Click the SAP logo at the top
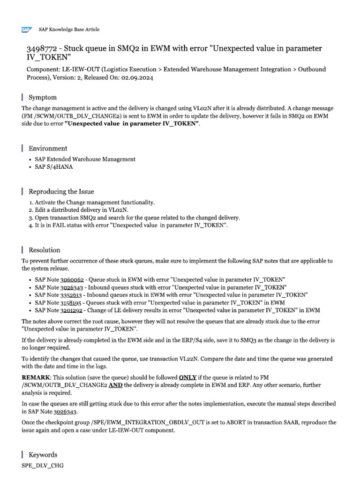26,30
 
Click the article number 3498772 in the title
41,49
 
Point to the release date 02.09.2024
137,78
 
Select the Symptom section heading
43,97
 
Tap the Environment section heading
48,149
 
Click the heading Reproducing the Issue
61,191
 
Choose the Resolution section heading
45,250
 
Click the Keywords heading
43,455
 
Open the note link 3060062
72,279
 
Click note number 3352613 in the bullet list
72,295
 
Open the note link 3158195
72,303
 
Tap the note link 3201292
72,310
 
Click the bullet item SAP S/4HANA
53,167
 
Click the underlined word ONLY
187,377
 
